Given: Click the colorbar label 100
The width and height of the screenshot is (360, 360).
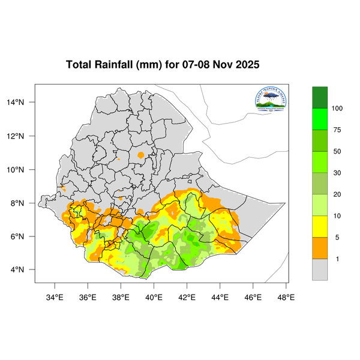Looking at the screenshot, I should tap(337, 109).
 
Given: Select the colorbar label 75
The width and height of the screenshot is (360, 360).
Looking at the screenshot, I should tap(337, 130).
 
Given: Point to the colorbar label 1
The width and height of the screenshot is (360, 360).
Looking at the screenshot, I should tap(337, 259).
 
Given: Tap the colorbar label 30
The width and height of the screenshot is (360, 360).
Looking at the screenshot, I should tap(337, 173).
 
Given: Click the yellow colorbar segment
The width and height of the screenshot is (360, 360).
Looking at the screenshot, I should tap(320, 226).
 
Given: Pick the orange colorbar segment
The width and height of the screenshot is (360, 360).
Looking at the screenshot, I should tap(320, 248).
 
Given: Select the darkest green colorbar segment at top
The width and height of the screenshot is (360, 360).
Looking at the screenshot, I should tap(320, 97).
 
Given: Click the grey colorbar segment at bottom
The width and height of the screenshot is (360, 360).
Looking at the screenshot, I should tap(320, 269).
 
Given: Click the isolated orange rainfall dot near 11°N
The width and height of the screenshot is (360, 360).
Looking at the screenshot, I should tap(141, 155).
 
